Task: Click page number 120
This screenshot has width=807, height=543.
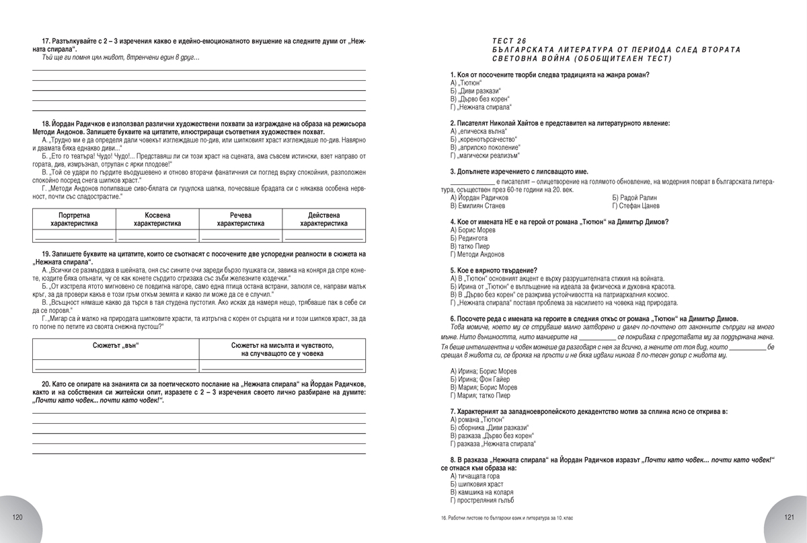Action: pos(18,517)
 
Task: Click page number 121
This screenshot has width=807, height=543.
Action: pos(790,517)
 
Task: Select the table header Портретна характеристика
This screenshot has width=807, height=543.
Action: pos(74,219)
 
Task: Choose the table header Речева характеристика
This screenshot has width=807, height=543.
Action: pos(240,219)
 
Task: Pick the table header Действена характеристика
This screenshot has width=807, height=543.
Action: pos(324,219)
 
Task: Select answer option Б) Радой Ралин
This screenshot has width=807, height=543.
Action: pos(634,198)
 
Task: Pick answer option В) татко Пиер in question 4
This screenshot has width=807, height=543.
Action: pos(471,246)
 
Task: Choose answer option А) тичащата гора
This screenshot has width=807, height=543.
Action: pos(475,476)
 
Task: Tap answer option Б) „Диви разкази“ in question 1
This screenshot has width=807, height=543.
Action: pos(475,91)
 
